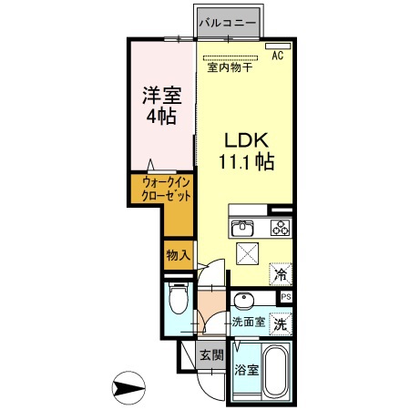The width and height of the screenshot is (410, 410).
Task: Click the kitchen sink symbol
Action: tap(242, 227)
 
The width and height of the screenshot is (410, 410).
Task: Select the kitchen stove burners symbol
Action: tap(279, 227)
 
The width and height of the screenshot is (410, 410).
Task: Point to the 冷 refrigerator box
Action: tap(282, 271)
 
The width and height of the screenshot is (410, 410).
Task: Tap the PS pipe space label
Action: tap(286, 297)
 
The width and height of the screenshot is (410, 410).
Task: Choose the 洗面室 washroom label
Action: tap(247, 322)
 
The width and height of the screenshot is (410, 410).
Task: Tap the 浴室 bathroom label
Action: tap(246, 372)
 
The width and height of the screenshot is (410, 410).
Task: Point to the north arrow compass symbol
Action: tap(128, 389)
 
